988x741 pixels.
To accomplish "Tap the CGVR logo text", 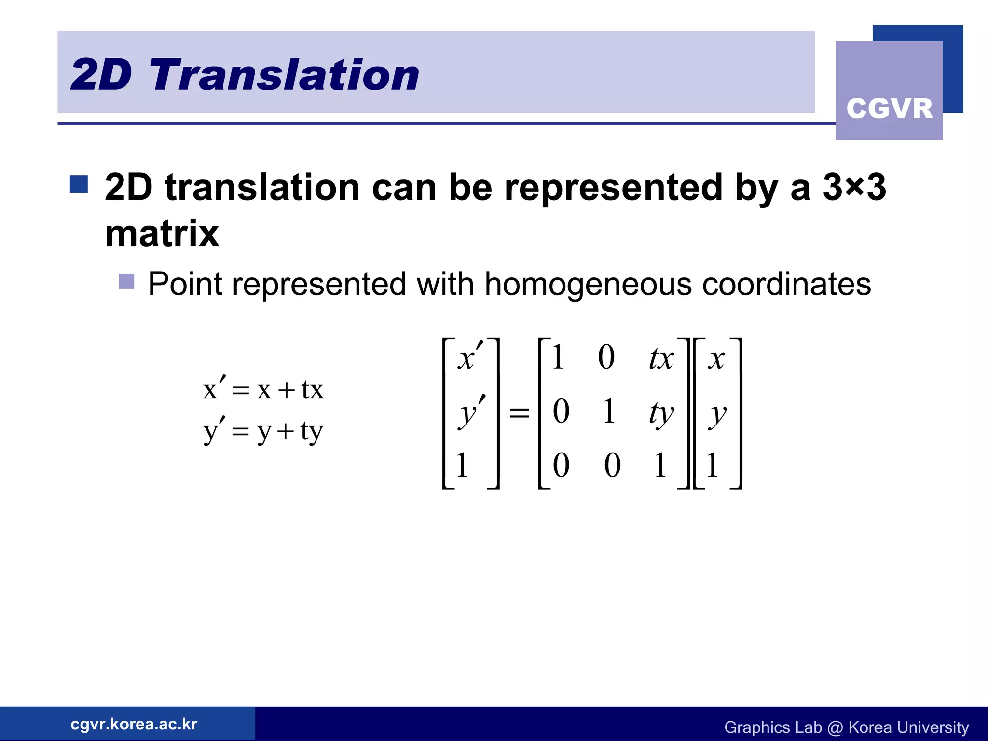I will pos(889,109).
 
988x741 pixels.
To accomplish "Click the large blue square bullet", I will pos(79,184).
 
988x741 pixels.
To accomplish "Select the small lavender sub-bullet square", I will pos(126,282).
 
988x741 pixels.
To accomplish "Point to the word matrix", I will pos(162,233).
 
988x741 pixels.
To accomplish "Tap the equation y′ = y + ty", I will pos(263,431).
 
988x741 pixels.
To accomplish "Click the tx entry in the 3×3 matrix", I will pos(660,358).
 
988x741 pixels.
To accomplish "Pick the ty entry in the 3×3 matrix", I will pos(660,413).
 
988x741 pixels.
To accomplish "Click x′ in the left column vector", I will pos(469,357).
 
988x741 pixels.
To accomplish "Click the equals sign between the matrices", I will pos(519,413).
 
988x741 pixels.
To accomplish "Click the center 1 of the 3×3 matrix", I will pos(609,412).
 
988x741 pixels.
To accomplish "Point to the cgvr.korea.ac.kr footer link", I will pos(134,724).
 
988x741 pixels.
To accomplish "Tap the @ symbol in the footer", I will pos(835,727).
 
